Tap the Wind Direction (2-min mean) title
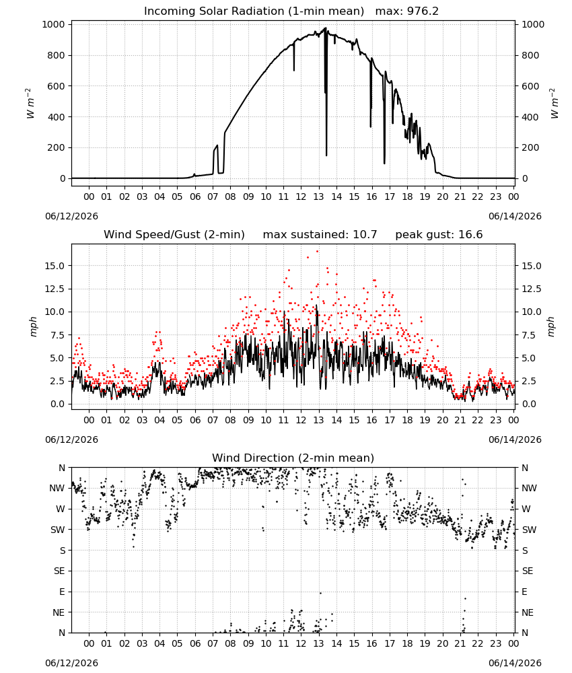293,458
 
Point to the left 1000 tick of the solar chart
54,24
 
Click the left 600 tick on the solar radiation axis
57,86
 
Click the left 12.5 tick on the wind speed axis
55,289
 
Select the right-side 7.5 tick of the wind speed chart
530,335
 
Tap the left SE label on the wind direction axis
59,571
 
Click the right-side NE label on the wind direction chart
528,612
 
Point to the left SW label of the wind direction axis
58,530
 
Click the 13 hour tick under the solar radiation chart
318,197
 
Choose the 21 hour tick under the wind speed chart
460,420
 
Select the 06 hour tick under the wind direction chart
194,643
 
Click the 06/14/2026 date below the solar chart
515,216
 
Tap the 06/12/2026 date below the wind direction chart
71,663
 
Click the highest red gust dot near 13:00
317,252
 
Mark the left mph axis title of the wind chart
34,326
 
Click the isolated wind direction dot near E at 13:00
320,593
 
